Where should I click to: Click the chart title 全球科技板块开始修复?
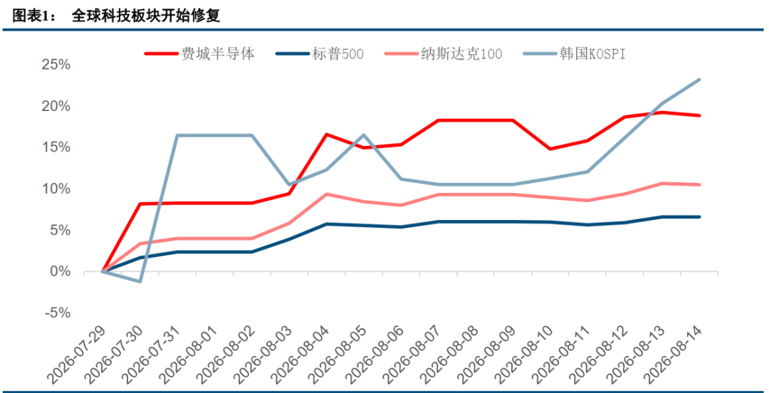click(x=146, y=16)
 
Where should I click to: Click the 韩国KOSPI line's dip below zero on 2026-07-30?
click(x=140, y=281)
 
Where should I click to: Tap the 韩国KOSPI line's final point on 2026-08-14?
click(x=699, y=80)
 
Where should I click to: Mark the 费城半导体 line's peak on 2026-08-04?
click(x=326, y=135)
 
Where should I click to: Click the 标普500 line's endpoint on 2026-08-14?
click(x=699, y=217)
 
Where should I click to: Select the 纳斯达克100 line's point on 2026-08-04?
click(x=326, y=194)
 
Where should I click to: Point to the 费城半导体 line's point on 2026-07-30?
click(x=140, y=204)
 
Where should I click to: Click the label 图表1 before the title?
click(x=31, y=16)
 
